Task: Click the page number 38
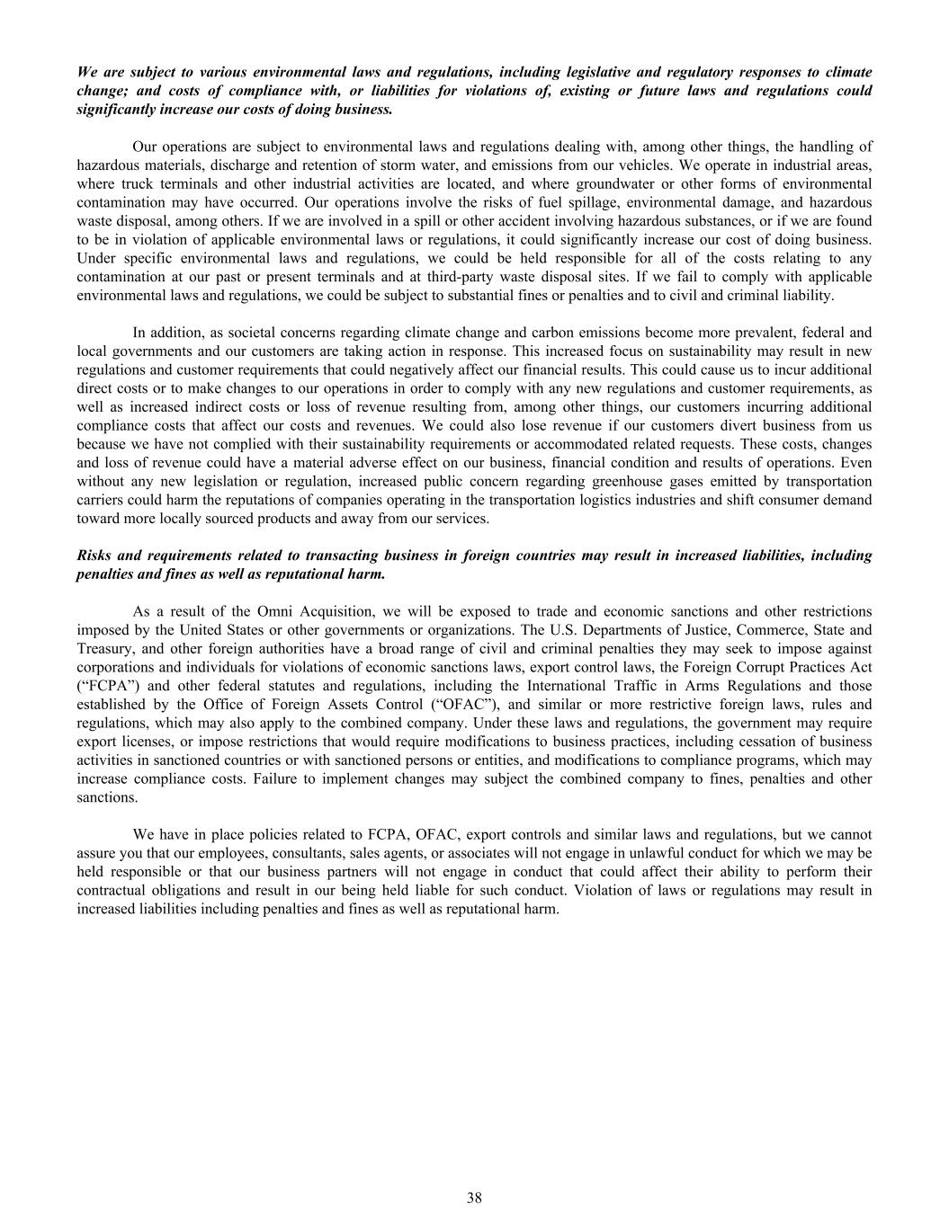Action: point(474,1197)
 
